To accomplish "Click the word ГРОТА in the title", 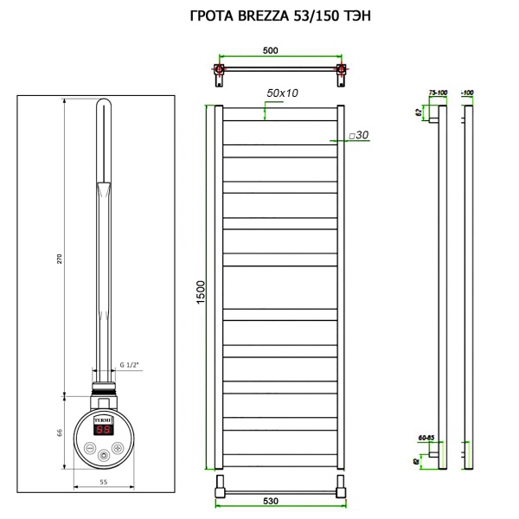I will [x=210, y=16].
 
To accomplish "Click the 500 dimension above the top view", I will [x=270, y=51].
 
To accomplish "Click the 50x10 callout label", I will [x=282, y=92].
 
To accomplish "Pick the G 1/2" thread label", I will [x=129, y=365].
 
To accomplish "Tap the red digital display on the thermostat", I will [x=102, y=429].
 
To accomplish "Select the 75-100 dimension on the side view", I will [x=437, y=92].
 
